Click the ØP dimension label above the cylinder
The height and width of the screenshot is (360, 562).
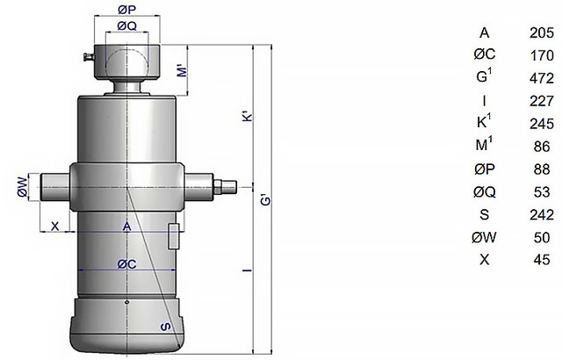click(125, 10)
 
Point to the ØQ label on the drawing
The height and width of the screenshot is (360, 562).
click(126, 25)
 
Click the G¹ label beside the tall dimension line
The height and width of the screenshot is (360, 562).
click(265, 202)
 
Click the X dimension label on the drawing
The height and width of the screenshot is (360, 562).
click(55, 227)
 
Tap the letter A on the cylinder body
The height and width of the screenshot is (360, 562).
click(126, 227)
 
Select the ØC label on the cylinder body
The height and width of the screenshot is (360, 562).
click(126, 263)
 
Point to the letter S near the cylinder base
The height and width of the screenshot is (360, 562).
click(165, 327)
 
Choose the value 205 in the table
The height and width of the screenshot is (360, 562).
click(542, 33)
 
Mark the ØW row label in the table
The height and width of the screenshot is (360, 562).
click(484, 237)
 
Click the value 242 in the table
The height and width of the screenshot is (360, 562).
click(542, 214)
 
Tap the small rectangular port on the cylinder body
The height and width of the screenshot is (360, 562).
click(174, 236)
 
